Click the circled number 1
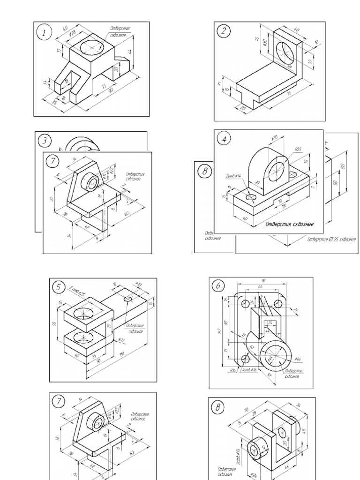click(45, 33)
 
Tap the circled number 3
click(45, 141)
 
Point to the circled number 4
click(225, 140)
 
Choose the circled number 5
click(58, 288)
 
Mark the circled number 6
click(217, 285)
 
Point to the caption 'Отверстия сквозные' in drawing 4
click(289, 224)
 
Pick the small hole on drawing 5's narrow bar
click(128, 299)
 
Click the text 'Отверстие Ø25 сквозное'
click(331, 240)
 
